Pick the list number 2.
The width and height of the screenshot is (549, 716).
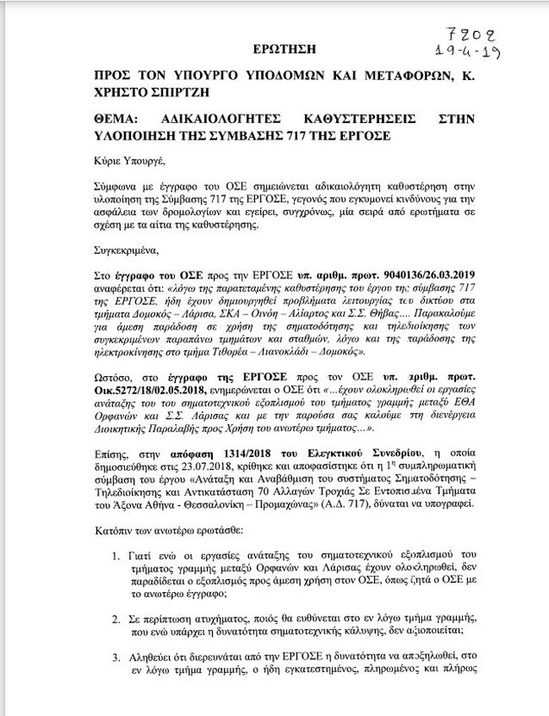pyautogui.click(x=117, y=618)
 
